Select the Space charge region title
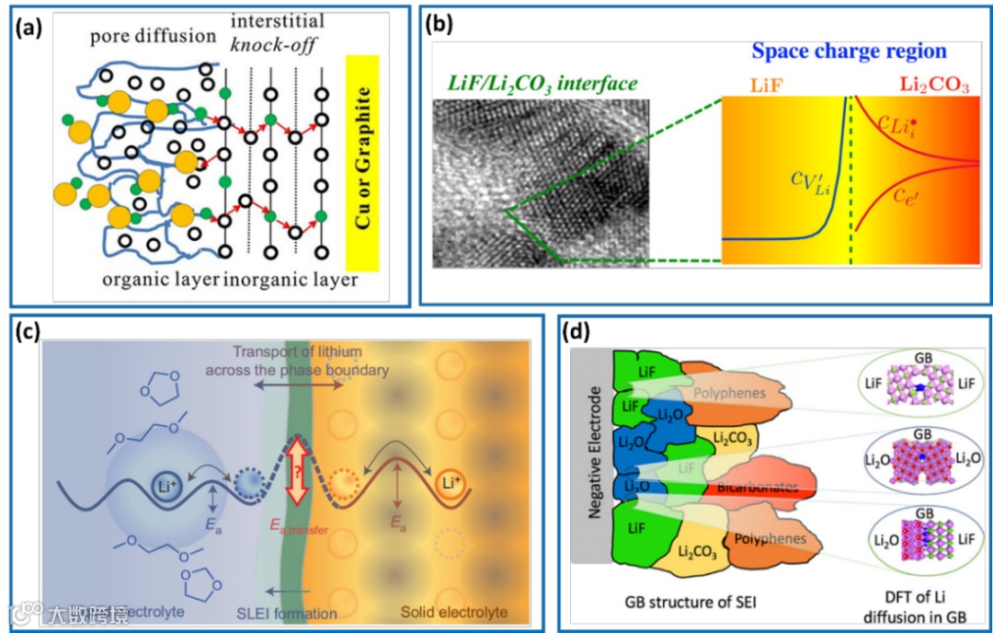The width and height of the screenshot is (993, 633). pos(849,52)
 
